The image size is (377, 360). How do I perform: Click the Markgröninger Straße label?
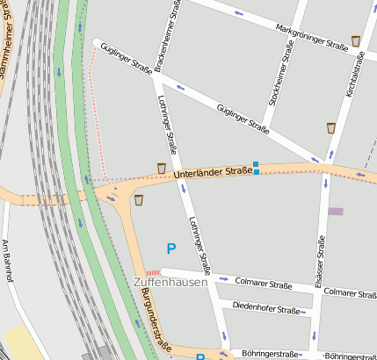[311, 36]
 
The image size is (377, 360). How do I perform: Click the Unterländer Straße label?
[213, 173]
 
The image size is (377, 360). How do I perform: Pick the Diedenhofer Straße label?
[266, 308]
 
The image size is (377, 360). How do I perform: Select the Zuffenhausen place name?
[170, 283]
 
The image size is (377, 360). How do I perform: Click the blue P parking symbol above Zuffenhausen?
[170, 250]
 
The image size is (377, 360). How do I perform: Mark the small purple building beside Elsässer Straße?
[335, 211]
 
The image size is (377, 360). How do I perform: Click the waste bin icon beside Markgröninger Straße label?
[355, 40]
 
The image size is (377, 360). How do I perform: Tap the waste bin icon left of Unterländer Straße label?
[161, 168]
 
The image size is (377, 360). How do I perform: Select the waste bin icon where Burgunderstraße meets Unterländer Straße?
[138, 200]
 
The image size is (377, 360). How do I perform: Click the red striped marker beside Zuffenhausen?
[153, 272]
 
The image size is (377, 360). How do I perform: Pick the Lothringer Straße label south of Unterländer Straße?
[200, 246]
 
